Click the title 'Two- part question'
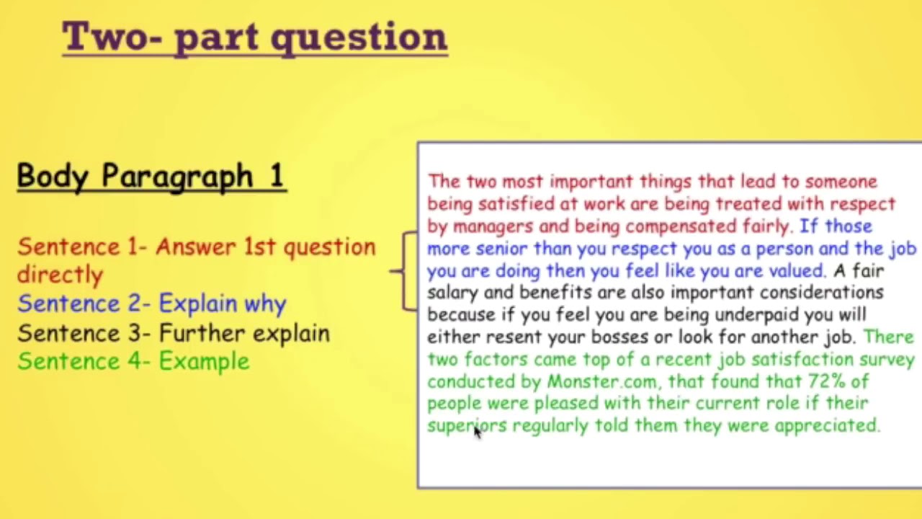254,37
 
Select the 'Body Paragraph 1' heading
151,176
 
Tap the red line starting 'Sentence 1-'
196,247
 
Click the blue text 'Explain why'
223,303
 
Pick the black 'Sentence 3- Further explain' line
174,333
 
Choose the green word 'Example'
204,361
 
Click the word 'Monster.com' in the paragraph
591,381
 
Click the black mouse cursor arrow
477,431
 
